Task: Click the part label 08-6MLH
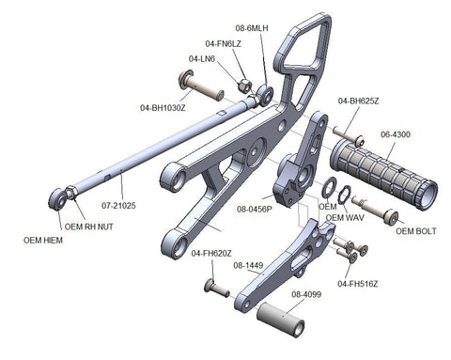252,28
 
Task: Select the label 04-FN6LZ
223,44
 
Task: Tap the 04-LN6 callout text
202,58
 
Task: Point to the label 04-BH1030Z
163,108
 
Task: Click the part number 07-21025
118,206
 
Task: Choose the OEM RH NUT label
88,227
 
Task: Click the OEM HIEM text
43,241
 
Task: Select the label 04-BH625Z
358,102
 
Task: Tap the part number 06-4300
396,134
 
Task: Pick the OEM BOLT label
416,231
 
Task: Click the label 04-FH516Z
358,284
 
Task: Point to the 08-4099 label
306,294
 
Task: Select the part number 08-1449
248,265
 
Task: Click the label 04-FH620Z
211,253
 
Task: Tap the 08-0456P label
255,209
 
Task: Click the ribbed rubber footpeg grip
383,173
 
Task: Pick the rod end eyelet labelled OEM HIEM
58,199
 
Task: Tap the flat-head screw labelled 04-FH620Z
216,289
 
